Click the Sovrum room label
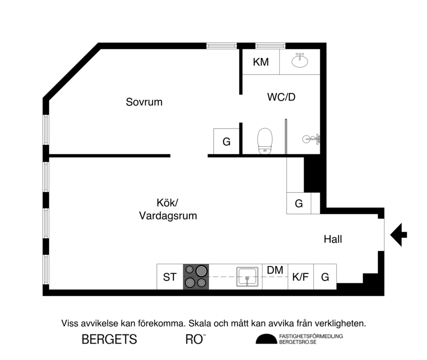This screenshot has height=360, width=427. pyautogui.click(x=144, y=102)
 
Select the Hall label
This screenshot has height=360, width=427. pyautogui.click(x=333, y=239)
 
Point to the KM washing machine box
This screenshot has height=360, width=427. pyautogui.click(x=261, y=62)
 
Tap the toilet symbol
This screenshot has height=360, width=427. pyautogui.click(x=265, y=141)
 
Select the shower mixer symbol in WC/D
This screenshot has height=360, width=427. pyautogui.click(x=312, y=138)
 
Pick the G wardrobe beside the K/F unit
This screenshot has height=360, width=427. pyautogui.click(x=325, y=277)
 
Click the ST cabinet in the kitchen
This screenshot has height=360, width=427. pyautogui.click(x=169, y=277)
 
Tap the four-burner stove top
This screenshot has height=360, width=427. pyautogui.click(x=196, y=277)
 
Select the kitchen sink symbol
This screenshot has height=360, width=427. pyautogui.click(x=249, y=277)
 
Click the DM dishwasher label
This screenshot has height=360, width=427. pyautogui.click(x=275, y=270)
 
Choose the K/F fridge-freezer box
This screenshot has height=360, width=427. pyautogui.click(x=300, y=277)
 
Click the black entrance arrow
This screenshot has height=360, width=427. pyautogui.click(x=399, y=235)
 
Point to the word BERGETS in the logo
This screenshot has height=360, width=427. pyautogui.click(x=109, y=339)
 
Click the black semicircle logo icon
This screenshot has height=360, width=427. pyautogui.click(x=266, y=340)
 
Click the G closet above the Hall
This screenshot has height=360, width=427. pyautogui.click(x=299, y=204)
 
